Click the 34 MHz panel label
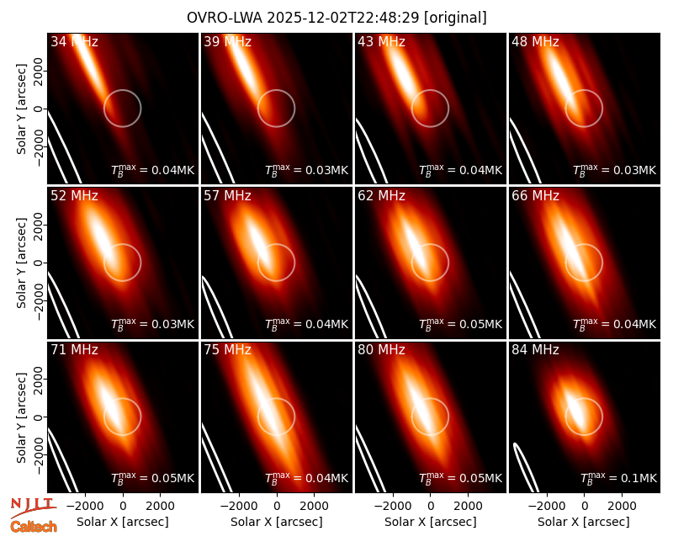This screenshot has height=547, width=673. pos(74,41)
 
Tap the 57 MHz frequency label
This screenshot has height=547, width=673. pos(227,196)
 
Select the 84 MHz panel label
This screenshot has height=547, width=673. pos(535,350)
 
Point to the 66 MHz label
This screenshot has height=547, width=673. pos(535,196)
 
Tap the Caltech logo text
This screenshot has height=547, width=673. pos(34,527)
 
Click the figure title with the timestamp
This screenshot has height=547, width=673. pos(336,18)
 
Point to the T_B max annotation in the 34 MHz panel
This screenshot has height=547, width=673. pos(153,169)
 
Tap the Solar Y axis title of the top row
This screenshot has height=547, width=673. pos(21,109)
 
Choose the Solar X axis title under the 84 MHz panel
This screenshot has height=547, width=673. pos(584,522)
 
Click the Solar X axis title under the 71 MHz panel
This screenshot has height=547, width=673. pos(123,522)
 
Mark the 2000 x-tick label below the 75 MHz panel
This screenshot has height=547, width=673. pos(314,506)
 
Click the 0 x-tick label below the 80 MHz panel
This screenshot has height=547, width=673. pos(431,506)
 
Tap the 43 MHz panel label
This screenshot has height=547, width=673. pos(382,41)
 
